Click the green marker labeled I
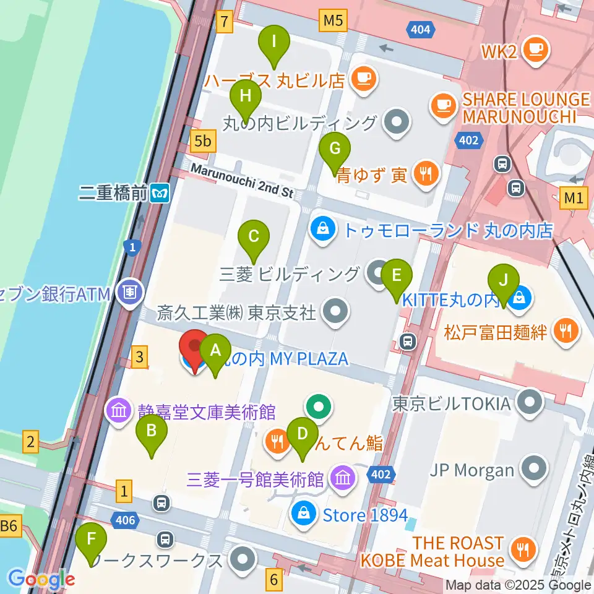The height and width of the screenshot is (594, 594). (x=273, y=45)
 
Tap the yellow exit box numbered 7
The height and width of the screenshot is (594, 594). (x=225, y=22)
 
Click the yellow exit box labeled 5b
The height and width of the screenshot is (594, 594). (x=202, y=142)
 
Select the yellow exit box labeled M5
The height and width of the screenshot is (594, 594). (x=333, y=22)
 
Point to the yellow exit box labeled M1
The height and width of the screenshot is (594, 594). (x=574, y=198)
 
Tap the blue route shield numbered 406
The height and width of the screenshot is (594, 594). (x=126, y=520)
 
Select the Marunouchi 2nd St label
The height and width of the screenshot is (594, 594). (x=241, y=180)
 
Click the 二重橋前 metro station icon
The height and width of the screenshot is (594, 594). (x=160, y=193)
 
